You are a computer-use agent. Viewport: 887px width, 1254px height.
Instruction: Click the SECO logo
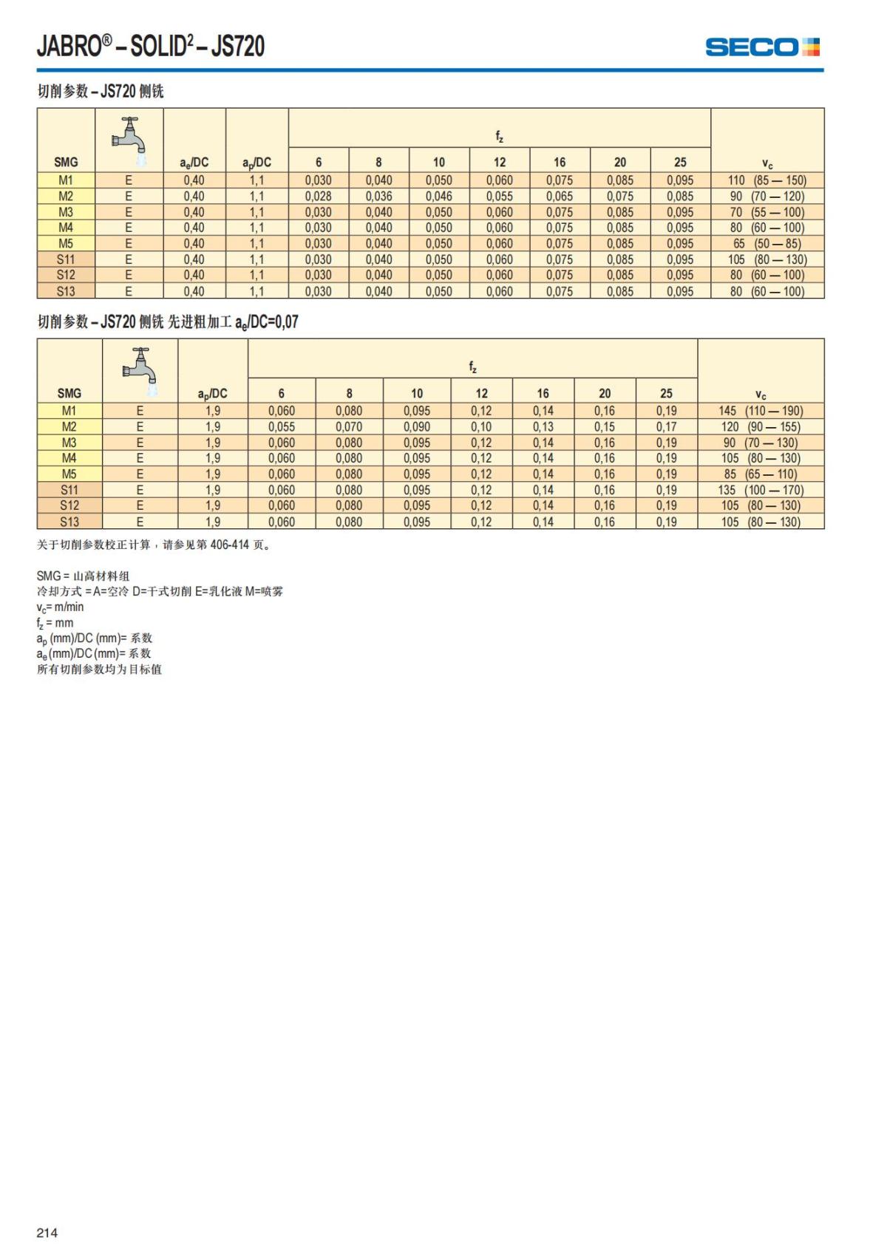762,47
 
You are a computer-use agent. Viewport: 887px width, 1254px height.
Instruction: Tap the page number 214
47,1233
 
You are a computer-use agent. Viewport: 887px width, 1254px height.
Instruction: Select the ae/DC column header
194,163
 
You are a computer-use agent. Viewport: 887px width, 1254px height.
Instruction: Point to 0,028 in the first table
319,197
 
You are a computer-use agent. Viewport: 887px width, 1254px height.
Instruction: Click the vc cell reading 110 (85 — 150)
767,180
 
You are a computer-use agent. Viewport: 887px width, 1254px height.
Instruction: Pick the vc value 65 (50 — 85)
767,244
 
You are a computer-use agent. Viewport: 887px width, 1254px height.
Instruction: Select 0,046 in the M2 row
439,197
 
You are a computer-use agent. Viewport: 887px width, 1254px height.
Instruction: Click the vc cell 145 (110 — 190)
761,411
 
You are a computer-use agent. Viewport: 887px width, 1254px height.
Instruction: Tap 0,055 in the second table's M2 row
282,427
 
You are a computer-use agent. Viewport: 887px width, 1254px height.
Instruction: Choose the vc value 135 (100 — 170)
761,490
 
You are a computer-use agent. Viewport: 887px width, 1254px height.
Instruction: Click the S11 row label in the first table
66,259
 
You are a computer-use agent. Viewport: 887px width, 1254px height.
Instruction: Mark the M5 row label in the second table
69,474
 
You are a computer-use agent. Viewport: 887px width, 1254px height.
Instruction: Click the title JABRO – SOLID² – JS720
151,47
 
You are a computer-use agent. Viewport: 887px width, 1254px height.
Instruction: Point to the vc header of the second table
761,394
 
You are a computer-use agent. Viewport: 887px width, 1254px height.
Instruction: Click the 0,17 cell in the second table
666,427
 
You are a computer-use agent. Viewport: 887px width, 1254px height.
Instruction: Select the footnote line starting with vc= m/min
61,607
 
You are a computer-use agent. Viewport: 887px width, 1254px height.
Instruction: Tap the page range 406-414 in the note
230,545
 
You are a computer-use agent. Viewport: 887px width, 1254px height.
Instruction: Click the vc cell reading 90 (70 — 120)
767,197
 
